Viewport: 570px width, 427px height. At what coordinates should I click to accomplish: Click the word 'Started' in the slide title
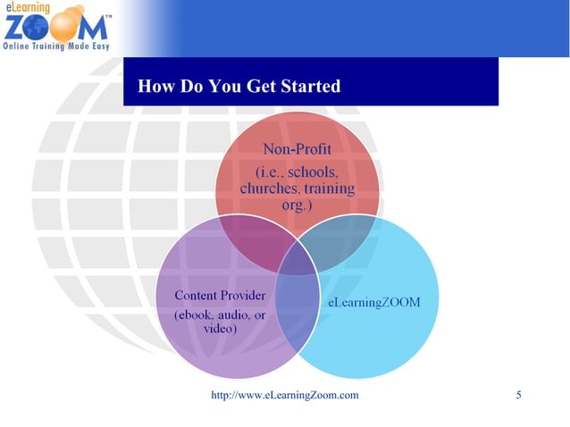[307, 87]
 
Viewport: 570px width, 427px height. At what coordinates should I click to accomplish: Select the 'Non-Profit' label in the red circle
[297, 147]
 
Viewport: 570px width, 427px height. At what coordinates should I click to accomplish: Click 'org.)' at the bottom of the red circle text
[297, 205]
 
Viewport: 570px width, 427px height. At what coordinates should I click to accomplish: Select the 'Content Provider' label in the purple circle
[220, 296]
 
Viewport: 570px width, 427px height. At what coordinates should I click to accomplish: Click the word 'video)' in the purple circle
[220, 329]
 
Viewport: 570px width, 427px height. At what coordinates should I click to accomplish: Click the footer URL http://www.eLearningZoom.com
[284, 395]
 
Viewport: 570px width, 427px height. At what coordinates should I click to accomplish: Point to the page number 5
[519, 395]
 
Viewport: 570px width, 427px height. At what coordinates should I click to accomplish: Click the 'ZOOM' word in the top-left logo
[50, 27]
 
